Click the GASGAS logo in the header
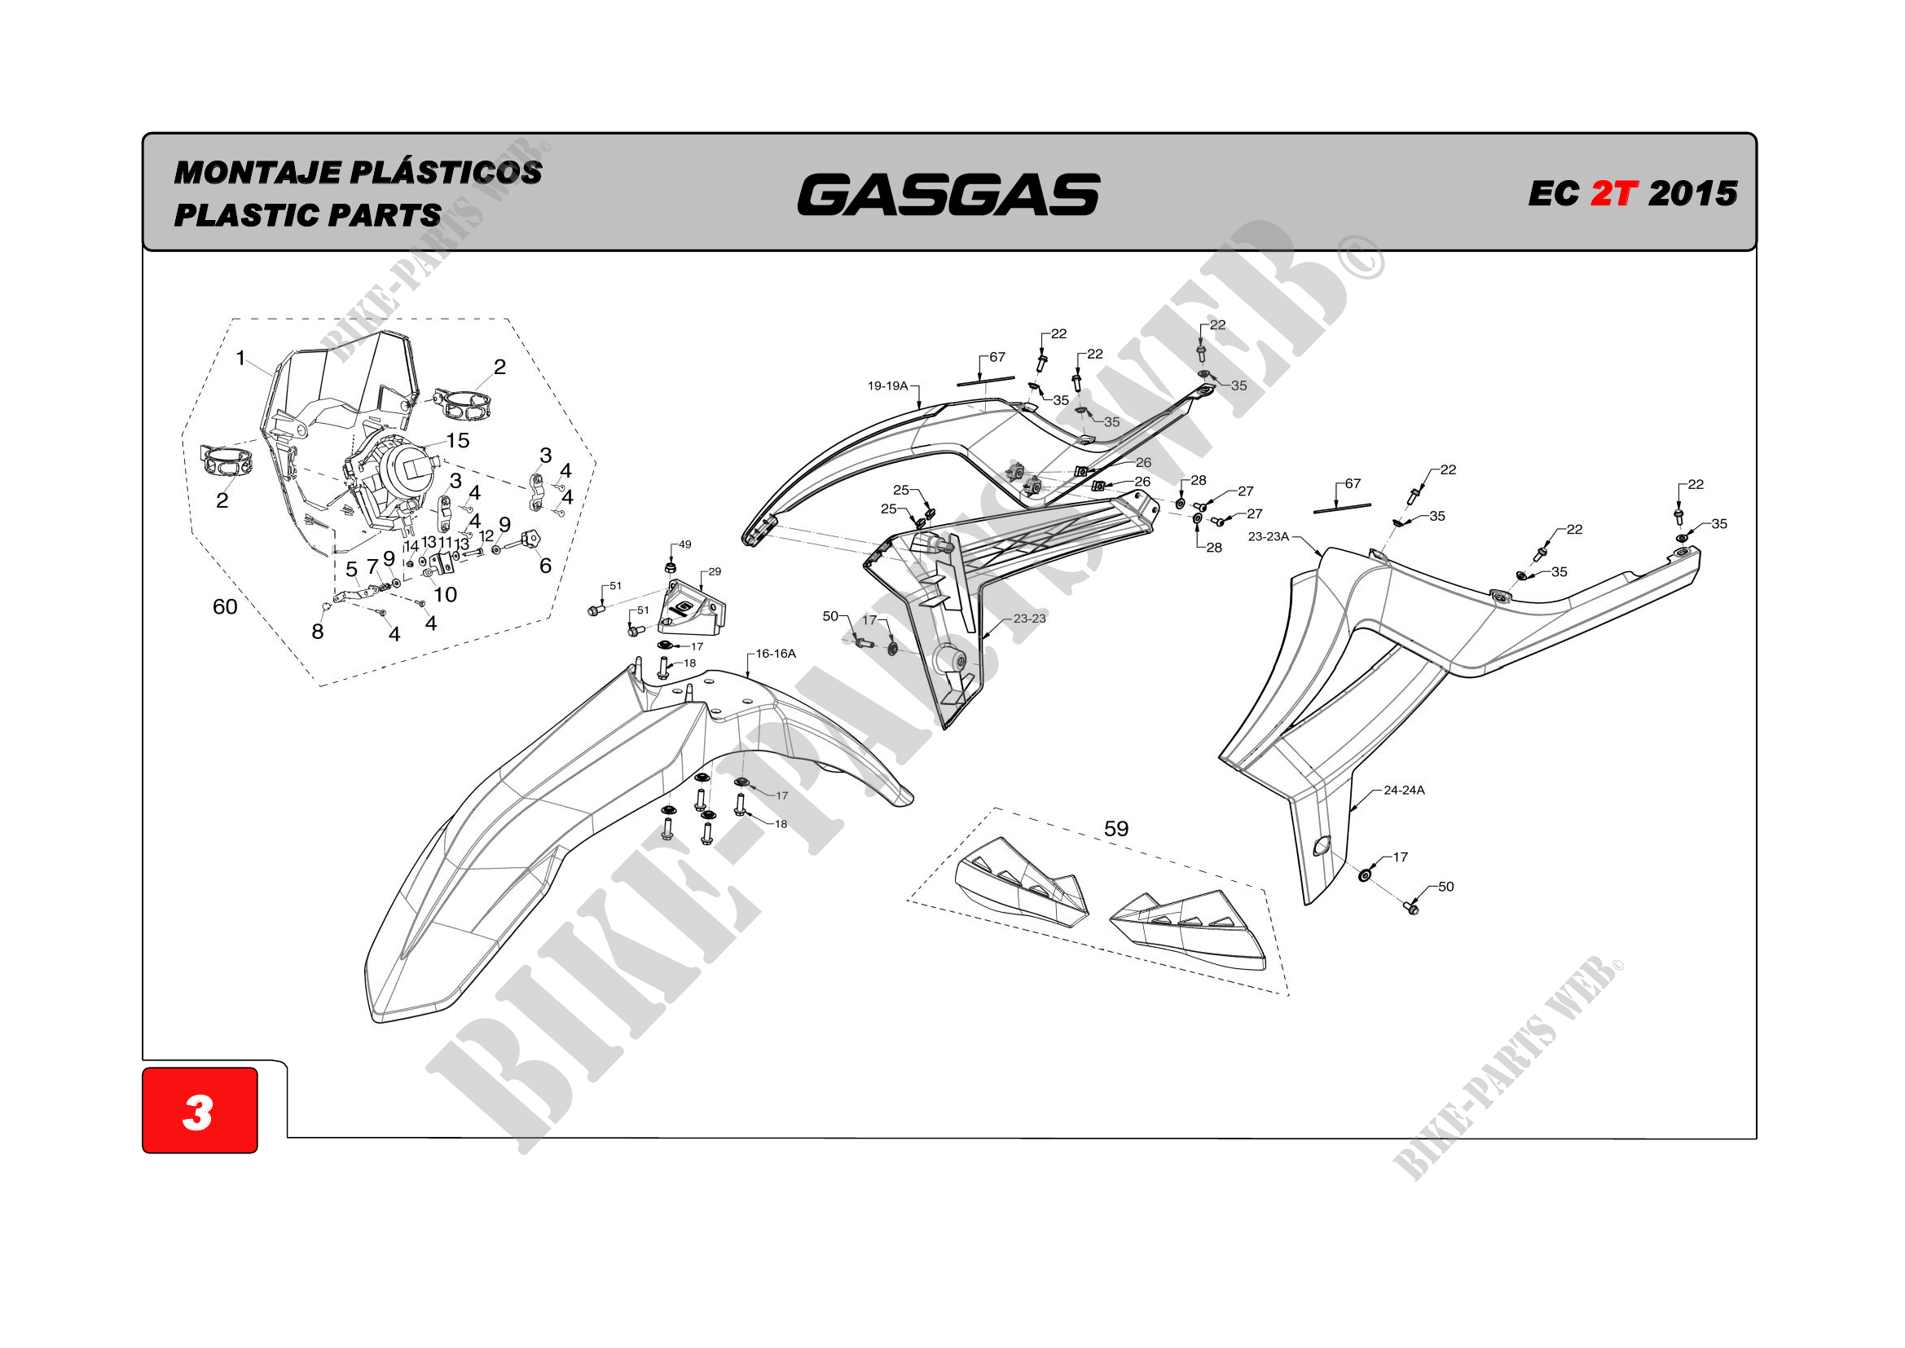[948, 194]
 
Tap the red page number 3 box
[199, 1111]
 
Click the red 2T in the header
[1614, 193]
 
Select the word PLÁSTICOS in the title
[446, 172]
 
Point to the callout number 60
[225, 607]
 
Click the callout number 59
[1116, 828]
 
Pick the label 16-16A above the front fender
[775, 654]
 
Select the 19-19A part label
[888, 386]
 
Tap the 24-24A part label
[1404, 791]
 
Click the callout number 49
[684, 544]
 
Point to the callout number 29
[715, 571]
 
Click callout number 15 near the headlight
[458, 440]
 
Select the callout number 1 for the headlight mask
[240, 358]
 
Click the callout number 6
[545, 566]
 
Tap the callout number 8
[317, 632]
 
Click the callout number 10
[446, 594]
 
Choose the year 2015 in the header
[1692, 193]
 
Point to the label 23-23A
[1269, 537]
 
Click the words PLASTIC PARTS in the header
[307, 215]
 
